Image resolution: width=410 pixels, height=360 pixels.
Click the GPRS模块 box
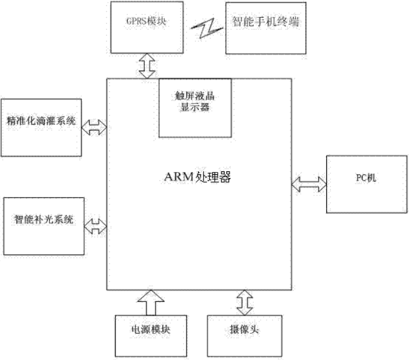point(145,27)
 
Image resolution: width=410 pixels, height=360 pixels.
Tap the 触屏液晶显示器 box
point(196,107)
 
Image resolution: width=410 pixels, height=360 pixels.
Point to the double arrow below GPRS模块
point(146,64)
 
